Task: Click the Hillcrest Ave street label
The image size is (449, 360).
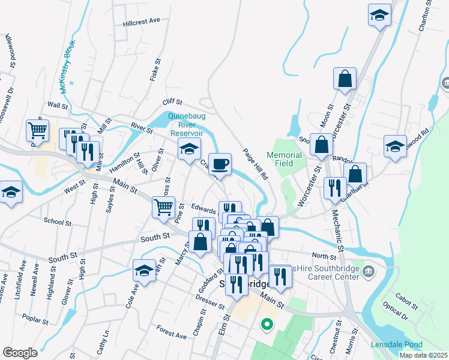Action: [142, 20]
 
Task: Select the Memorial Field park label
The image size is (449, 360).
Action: [284, 158]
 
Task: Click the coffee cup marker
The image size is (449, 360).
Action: [220, 163]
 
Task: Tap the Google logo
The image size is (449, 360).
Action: [20, 353]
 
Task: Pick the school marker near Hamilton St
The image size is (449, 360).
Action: [189, 149]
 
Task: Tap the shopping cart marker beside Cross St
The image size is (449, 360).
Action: [164, 208]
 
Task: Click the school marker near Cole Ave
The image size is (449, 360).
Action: [143, 271]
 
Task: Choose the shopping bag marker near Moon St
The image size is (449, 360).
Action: [345, 79]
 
